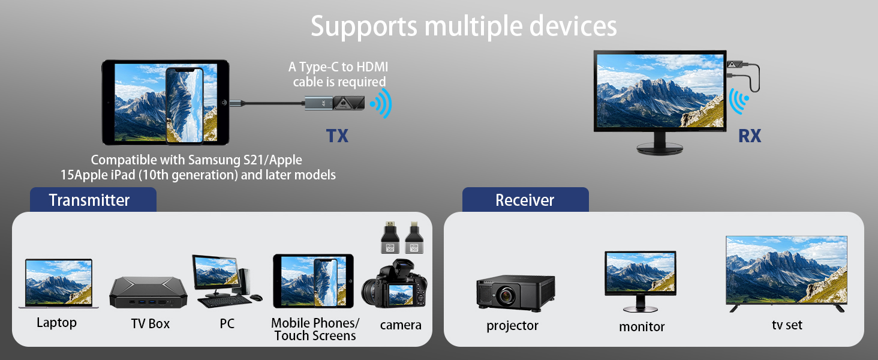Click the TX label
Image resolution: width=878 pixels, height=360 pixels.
(337, 136)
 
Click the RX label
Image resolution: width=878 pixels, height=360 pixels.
(750, 136)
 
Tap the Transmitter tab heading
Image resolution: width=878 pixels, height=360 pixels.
(89, 200)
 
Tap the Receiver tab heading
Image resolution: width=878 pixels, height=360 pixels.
(525, 200)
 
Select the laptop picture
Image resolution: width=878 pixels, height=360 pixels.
(58, 283)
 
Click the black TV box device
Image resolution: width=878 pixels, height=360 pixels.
(148, 293)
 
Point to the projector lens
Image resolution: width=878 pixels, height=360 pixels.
(506, 295)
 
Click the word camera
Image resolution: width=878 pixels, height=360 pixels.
(401, 325)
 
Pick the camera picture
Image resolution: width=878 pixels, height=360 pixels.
(394, 283)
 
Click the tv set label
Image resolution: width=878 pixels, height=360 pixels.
(787, 325)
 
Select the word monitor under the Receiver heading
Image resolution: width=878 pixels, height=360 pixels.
(642, 326)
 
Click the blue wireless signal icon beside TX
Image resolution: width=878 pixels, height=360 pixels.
(381, 103)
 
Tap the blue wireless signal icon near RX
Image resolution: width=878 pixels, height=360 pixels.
(739, 101)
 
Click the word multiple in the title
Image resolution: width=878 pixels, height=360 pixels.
(473, 26)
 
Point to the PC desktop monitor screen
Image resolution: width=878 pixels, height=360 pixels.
(215, 271)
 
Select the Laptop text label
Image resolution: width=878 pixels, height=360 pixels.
(56, 323)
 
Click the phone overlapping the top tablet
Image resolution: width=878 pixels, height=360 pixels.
(185, 106)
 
